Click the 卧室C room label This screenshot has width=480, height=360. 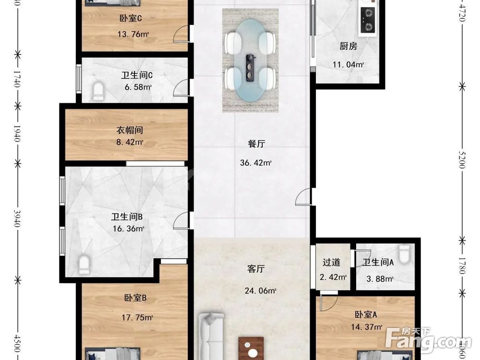[x=130, y=19]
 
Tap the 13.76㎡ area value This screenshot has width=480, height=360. [x=133, y=34]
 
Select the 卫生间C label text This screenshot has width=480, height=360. [x=137, y=75]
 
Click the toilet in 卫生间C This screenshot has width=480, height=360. [x=98, y=91]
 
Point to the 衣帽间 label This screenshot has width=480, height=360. [x=130, y=130]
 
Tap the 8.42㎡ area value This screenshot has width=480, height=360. [x=131, y=142]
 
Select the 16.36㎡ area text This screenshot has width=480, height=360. [x=128, y=229]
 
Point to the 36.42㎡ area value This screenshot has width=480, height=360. [x=256, y=163]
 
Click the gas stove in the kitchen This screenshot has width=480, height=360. [x=367, y=22]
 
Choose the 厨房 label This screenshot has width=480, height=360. [x=348, y=47]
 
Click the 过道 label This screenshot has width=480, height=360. [x=331, y=262]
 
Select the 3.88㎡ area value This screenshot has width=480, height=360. [x=380, y=279]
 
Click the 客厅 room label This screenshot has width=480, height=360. [x=256, y=269]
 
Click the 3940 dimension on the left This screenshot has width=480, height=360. [x=18, y=218]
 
